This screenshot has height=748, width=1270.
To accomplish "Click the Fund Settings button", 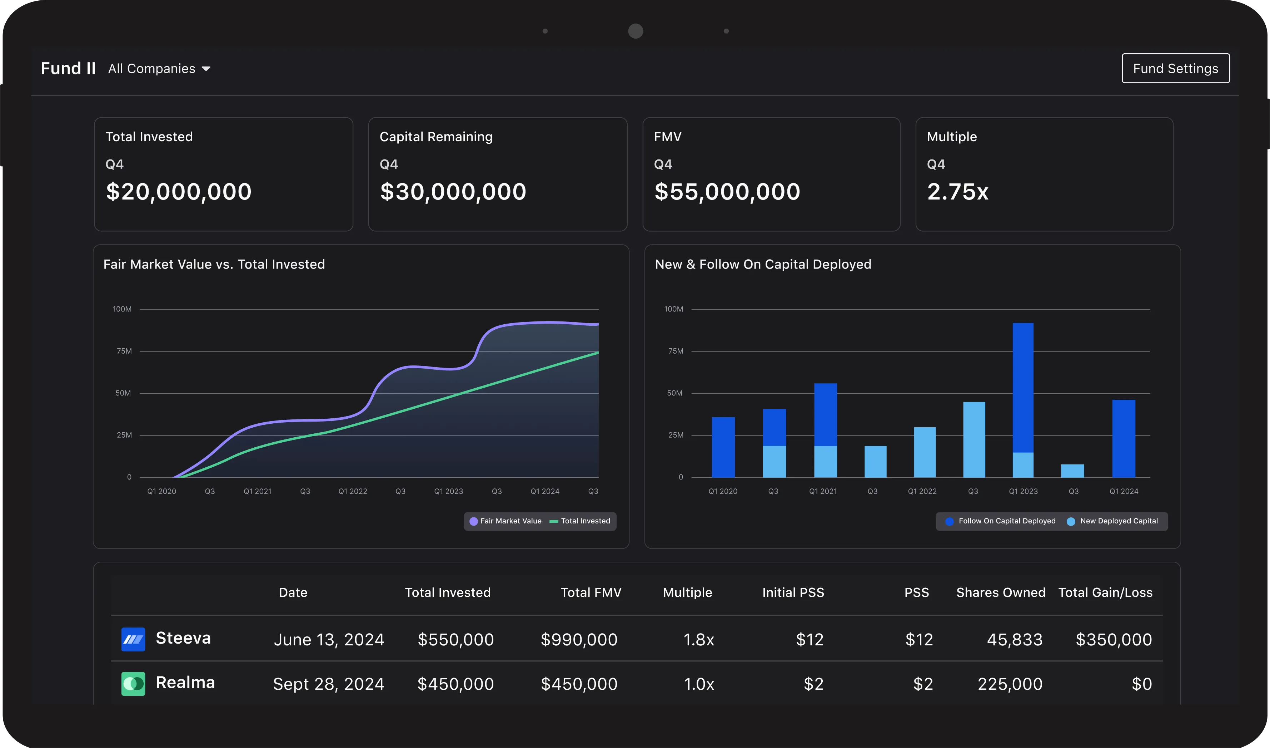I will point(1175,69).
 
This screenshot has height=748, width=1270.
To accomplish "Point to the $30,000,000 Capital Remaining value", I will point(453,192).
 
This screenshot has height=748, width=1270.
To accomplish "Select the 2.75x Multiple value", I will point(957,192).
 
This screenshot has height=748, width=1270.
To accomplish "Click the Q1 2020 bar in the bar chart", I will point(723,447).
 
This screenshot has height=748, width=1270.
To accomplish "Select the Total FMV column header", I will point(591,593).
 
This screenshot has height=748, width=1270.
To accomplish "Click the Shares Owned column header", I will point(1000,593).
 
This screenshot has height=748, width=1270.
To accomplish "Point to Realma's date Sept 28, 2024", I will point(329,684).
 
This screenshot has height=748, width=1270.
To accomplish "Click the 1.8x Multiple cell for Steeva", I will point(698,640).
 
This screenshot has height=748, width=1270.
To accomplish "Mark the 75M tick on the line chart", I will point(124,351).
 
